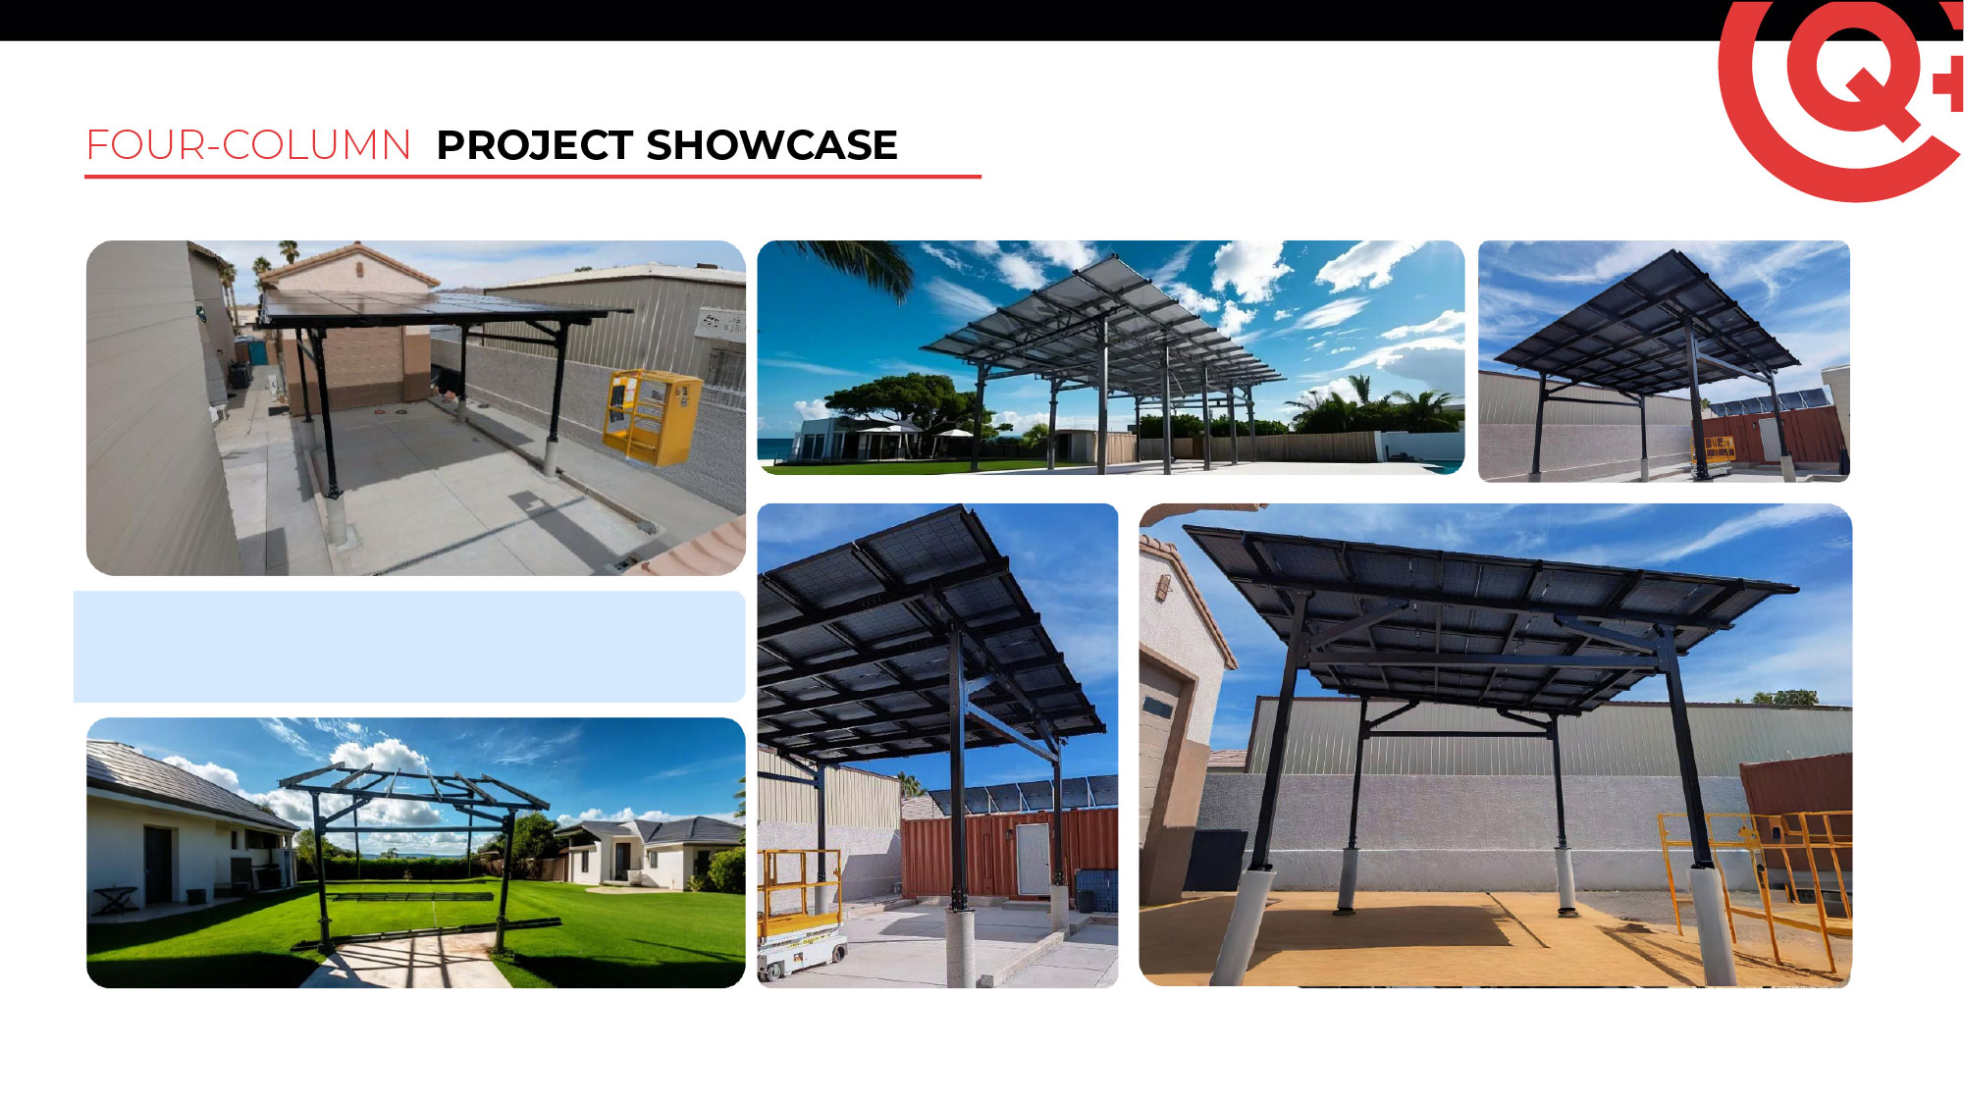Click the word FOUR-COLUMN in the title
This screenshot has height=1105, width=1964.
pos(248,145)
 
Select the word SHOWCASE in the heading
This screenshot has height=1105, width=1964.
pos(772,145)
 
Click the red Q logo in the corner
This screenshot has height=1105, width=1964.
pos(1841,98)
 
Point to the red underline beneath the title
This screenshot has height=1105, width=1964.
pos(533,177)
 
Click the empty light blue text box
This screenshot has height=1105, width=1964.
pos(409,647)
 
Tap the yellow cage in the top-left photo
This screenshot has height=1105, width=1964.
pos(652,416)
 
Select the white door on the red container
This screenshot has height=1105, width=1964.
pos(1032,859)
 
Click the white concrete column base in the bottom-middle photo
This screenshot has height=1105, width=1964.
pos(960,947)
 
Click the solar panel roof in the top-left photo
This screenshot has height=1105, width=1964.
pos(432,308)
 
